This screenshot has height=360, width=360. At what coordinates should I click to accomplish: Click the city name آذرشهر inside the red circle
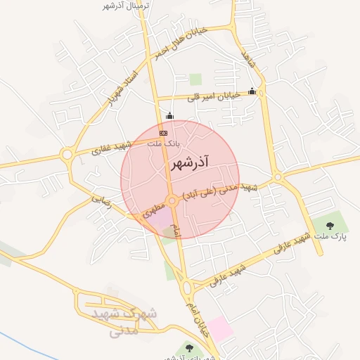(190, 164)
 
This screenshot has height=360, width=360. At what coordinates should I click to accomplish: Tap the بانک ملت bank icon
(164, 133)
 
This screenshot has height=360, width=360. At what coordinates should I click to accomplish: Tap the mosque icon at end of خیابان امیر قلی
(252, 91)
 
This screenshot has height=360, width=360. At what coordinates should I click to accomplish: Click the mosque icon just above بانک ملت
(168, 116)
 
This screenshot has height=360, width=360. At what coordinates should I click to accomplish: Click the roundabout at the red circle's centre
(172, 200)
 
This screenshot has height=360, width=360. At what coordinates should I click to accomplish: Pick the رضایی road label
(101, 200)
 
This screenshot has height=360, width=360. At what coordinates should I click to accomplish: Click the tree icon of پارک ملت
(330, 226)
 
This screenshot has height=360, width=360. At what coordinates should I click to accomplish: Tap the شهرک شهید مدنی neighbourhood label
(130, 322)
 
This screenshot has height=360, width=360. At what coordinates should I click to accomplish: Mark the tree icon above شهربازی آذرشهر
(188, 347)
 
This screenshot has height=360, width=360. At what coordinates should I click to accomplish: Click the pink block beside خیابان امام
(220, 328)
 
